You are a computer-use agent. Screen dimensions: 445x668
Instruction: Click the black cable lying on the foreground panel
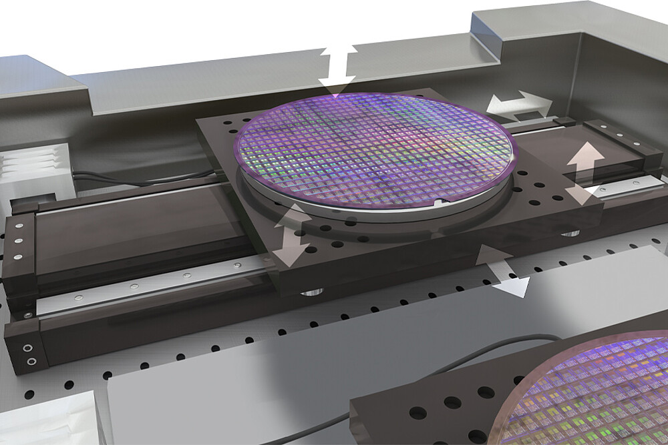pyautogui.click(x=468, y=354)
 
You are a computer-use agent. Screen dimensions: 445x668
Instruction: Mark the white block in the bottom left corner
pyautogui.click(x=40, y=420)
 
